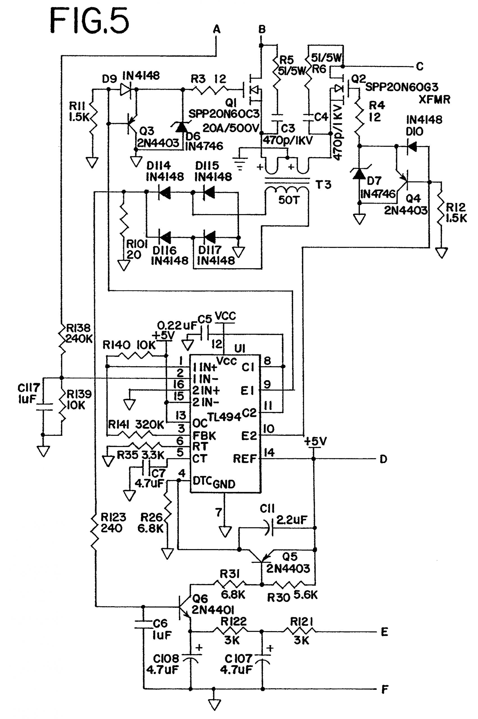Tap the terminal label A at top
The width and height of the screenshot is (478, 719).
tap(217, 29)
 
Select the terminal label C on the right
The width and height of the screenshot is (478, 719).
tap(420, 67)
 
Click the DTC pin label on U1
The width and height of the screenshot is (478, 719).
tap(202, 481)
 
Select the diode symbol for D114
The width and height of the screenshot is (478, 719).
tap(165, 192)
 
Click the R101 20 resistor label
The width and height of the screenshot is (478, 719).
tap(136, 249)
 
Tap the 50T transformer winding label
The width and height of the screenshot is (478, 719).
tap(288, 200)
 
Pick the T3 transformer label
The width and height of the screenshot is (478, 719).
tap(323, 185)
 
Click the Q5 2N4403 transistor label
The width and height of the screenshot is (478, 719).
tap(288, 562)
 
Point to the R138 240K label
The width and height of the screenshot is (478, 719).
tap(79, 333)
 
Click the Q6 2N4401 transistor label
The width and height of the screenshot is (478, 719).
tap(213, 604)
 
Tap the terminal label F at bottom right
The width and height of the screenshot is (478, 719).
tap(384, 690)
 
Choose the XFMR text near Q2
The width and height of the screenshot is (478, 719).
tap(434, 99)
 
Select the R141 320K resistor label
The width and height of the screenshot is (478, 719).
tap(136, 424)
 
